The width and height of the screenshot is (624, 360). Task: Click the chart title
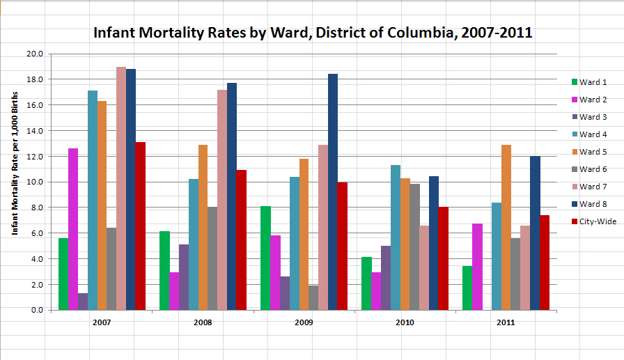(313, 33)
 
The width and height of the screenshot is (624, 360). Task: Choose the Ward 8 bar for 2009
(333, 191)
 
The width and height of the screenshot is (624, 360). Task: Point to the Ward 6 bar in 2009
(313, 297)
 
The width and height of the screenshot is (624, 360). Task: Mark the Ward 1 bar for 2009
(265, 258)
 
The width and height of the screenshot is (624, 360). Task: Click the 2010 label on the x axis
(405, 323)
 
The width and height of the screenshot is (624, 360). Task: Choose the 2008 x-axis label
(203, 323)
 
